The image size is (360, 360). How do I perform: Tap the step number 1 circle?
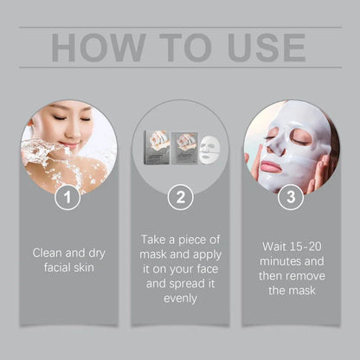point(68,199)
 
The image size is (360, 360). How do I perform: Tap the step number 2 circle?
point(180,199)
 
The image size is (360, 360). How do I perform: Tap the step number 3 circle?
point(291,199)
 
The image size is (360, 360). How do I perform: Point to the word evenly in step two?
point(180,298)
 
